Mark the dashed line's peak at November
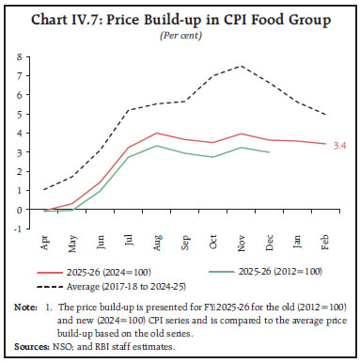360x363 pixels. [x=243, y=66]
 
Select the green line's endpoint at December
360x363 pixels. [x=271, y=152]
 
